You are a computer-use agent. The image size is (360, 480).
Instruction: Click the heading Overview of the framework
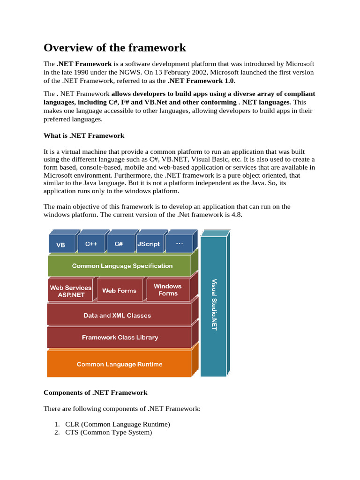115,48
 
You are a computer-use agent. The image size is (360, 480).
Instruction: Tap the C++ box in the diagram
91,244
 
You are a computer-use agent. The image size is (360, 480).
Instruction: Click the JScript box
149,244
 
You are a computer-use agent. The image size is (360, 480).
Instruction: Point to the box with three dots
179,244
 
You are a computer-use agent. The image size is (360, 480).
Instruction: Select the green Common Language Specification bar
122,266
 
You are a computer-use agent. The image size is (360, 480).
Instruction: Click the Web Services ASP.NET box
71,291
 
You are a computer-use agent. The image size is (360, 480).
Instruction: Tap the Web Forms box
119,291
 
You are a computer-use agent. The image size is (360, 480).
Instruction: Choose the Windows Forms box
168,290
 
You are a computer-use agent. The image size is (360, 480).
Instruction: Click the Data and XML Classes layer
117,315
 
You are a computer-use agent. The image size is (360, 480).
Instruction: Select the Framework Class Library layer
120,337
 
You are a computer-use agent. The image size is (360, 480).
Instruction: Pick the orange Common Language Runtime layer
120,364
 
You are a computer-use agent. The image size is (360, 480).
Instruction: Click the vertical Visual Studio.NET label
214,305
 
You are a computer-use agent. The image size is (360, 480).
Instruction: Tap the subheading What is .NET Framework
84,135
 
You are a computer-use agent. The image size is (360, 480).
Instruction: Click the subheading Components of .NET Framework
96,392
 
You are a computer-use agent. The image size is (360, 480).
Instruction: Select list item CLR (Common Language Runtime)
117,424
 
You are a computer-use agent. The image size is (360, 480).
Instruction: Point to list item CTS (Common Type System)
109,433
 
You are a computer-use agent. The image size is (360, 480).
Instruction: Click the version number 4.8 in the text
237,215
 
